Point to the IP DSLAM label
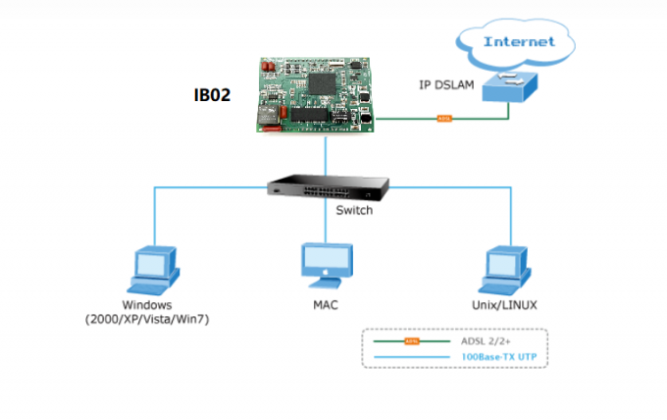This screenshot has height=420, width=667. (447, 86)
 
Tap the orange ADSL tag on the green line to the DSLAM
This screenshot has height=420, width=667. (442, 120)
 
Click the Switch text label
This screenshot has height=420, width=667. (353, 210)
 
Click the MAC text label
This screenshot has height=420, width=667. (326, 306)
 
